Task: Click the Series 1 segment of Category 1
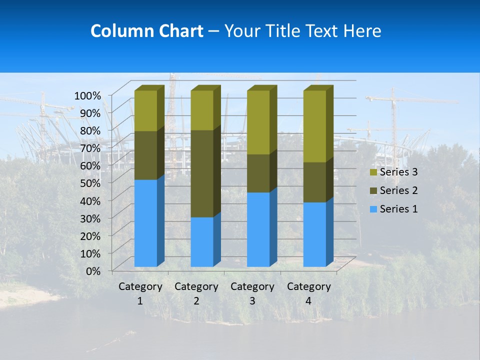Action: (145, 223)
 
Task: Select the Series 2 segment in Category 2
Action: (202, 173)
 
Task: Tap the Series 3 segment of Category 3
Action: (258, 122)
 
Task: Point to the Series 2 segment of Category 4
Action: (314, 182)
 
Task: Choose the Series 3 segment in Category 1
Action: (145, 110)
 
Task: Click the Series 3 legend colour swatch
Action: (373, 172)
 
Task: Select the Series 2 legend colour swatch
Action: (373, 190)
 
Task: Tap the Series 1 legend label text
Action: (398, 209)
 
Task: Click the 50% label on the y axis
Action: (90, 182)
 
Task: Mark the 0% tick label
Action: (93, 270)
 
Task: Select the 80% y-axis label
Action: (90, 130)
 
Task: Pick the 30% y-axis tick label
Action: (90, 218)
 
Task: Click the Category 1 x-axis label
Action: (140, 293)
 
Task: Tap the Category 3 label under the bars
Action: (252, 293)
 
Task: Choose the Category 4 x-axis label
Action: (308, 293)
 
